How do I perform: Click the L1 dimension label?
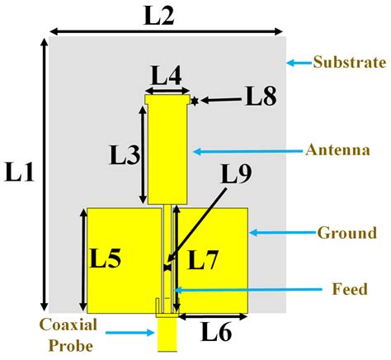(x=20, y=172)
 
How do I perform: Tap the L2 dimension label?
(x=159, y=15)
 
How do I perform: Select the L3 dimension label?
(x=125, y=154)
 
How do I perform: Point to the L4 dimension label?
(x=167, y=75)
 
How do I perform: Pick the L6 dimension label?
(x=217, y=332)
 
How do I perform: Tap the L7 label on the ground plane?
(x=203, y=259)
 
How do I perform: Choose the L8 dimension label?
(x=261, y=96)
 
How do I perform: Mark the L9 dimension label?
(x=237, y=174)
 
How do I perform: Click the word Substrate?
(x=350, y=62)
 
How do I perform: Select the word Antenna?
(x=337, y=150)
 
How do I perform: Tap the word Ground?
(x=347, y=233)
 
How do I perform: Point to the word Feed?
(x=350, y=289)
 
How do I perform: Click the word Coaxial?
(x=68, y=324)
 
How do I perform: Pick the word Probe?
(x=71, y=346)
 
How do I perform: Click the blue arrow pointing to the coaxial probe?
(x=130, y=333)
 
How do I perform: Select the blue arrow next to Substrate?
(x=299, y=63)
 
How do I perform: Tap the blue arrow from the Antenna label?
(x=247, y=151)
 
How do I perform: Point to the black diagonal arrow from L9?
(x=197, y=225)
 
